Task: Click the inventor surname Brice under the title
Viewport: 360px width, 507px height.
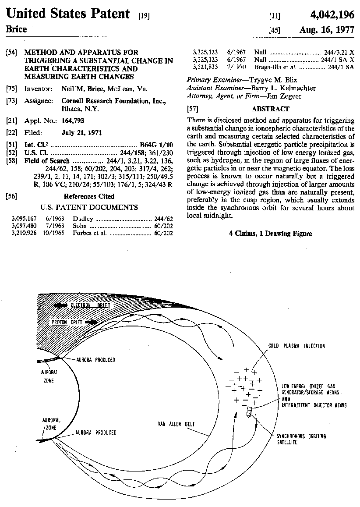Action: pyautogui.click(x=16, y=29)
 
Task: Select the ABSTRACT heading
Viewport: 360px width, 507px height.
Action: pyautogui.click(x=270, y=109)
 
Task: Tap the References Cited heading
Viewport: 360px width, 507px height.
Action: pyautogui.click(x=89, y=196)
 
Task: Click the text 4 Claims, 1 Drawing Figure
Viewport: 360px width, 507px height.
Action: pyautogui.click(x=270, y=234)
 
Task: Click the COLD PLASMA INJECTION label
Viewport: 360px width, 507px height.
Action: pyautogui.click(x=296, y=346)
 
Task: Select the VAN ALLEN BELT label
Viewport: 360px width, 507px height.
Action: pyautogui.click(x=176, y=424)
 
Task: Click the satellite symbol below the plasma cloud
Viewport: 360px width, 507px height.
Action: pyautogui.click(x=249, y=412)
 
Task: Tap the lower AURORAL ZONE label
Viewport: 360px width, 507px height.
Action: pyautogui.click(x=51, y=423)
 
